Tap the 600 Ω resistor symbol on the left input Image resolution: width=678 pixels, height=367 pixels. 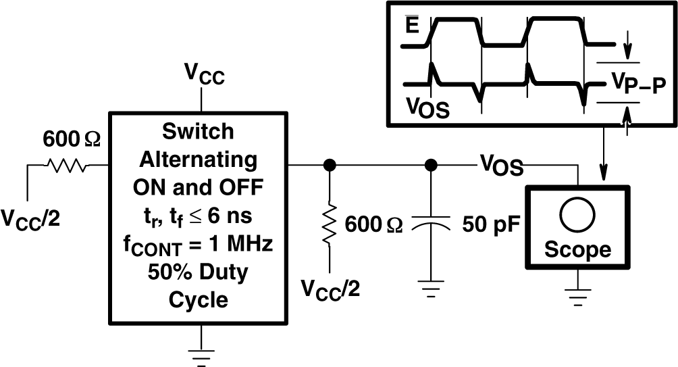point(66,164)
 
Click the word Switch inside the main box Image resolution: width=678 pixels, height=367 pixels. point(198,132)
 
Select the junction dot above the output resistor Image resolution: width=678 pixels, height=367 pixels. point(330,164)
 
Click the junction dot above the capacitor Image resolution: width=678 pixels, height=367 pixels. point(430,164)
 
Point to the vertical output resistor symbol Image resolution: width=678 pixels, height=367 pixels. point(330,224)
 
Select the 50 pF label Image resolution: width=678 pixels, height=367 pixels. point(490,224)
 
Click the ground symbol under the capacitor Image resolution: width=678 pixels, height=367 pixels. point(430,291)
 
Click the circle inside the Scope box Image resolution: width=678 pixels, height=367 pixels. point(577,214)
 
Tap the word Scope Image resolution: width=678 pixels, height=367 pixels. point(577,249)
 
